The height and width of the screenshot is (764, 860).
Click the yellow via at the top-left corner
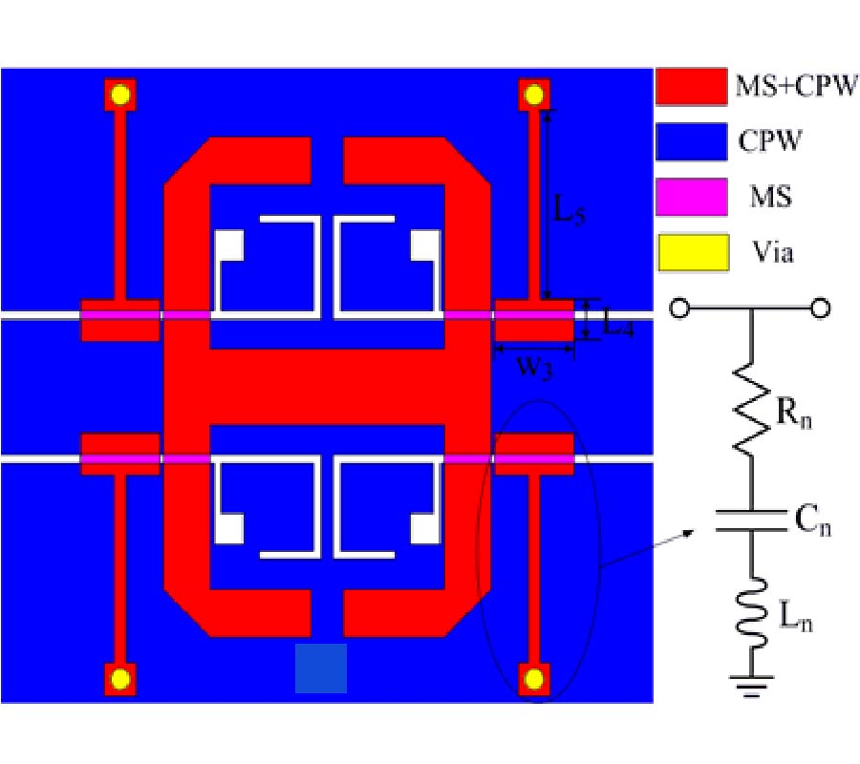point(120,95)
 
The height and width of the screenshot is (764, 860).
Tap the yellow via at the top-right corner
point(533,95)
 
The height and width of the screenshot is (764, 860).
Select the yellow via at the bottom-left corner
point(120,680)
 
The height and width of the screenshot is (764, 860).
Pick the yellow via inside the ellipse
point(533,680)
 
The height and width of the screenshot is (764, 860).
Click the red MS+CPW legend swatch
point(692,86)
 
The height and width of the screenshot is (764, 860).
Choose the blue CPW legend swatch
point(692,141)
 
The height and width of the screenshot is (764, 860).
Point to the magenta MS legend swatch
point(692,196)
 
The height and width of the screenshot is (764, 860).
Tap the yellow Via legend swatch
point(694,253)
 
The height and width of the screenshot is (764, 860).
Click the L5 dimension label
point(570,209)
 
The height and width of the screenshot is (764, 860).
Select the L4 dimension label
point(618,324)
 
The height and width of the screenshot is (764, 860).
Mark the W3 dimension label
point(535,368)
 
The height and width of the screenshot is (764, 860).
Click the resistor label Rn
point(794,413)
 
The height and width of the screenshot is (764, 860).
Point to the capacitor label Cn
point(813,520)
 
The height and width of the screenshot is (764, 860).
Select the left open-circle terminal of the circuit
point(679,308)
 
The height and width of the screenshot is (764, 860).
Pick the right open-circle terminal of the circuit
point(820,308)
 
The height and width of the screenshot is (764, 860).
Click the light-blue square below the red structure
point(321,668)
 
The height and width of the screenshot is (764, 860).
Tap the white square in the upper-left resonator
point(228,245)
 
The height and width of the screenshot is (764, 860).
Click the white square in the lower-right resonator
point(425,529)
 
